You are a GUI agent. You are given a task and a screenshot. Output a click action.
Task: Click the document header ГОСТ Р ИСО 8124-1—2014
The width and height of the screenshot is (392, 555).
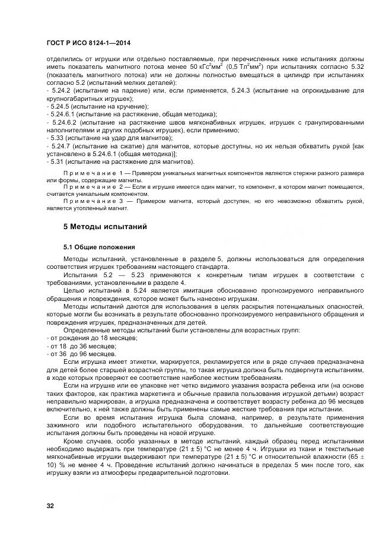[x=88, y=43]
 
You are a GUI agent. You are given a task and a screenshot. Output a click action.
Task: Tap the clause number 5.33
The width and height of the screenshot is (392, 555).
[x=58, y=138]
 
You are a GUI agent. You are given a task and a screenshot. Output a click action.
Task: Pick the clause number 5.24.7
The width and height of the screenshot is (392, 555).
[x=62, y=145]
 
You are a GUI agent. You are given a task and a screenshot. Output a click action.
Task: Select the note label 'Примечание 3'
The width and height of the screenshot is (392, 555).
[x=97, y=201]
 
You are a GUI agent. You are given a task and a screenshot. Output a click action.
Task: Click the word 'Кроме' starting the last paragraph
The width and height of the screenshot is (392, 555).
[x=74, y=442]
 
